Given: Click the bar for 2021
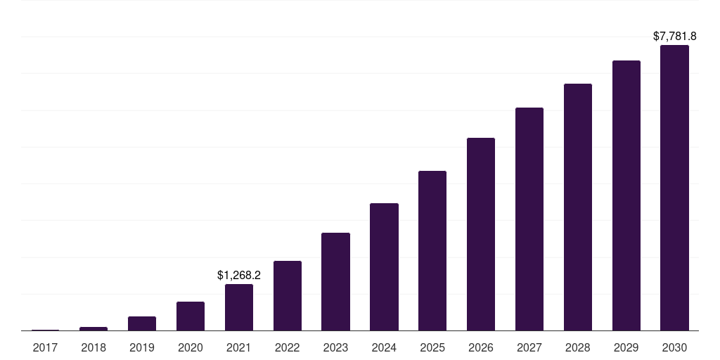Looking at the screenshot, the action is pos(239,307).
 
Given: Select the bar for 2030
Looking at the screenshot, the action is pos(674,188).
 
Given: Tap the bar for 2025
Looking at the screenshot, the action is pos(432,251).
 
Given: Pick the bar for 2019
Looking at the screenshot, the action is pos(142,323).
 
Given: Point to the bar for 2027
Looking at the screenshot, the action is pos(529,219).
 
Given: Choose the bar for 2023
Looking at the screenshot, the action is pos(335,281).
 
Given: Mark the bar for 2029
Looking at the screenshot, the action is pos(626,195).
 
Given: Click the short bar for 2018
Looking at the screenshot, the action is pos(94,329).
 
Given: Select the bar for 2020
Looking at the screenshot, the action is pos(191,316).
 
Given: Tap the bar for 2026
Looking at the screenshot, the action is pos(481,234).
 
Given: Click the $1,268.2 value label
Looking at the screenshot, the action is pos(239,275).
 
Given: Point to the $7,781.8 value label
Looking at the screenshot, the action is pos(674,36).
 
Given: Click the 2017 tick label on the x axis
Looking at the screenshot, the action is pos(45,347).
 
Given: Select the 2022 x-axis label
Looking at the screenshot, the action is pos(287,347).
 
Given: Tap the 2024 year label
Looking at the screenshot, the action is pos(384,347).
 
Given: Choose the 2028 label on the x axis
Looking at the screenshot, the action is pos(578,347).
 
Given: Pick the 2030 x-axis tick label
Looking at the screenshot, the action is pos(674,347).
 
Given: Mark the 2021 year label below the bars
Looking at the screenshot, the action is pos(239,347).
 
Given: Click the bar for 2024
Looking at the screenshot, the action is pos(384,266).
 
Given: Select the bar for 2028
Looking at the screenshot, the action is pos(578,207).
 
